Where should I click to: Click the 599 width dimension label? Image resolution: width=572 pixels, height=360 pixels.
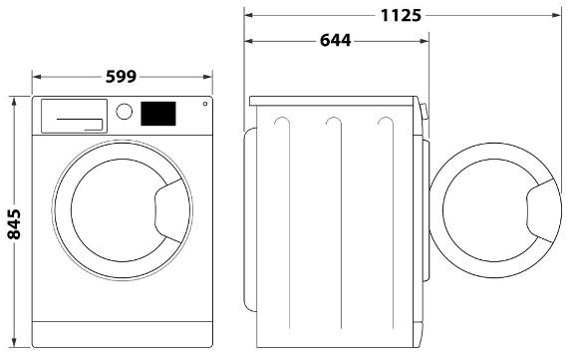121,77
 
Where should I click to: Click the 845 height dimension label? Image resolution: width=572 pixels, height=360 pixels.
14,223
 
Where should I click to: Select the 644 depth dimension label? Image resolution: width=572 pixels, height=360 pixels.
335,40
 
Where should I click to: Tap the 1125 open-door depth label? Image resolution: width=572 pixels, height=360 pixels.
401,15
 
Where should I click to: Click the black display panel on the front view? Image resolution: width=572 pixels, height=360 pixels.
158,114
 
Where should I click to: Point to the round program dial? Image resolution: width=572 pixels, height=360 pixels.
124,111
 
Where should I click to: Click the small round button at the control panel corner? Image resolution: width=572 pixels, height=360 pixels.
205,104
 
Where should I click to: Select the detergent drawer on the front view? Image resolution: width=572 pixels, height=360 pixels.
74,116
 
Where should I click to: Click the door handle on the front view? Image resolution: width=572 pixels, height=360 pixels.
168,210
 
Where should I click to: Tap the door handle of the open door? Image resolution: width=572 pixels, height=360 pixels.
541,211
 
